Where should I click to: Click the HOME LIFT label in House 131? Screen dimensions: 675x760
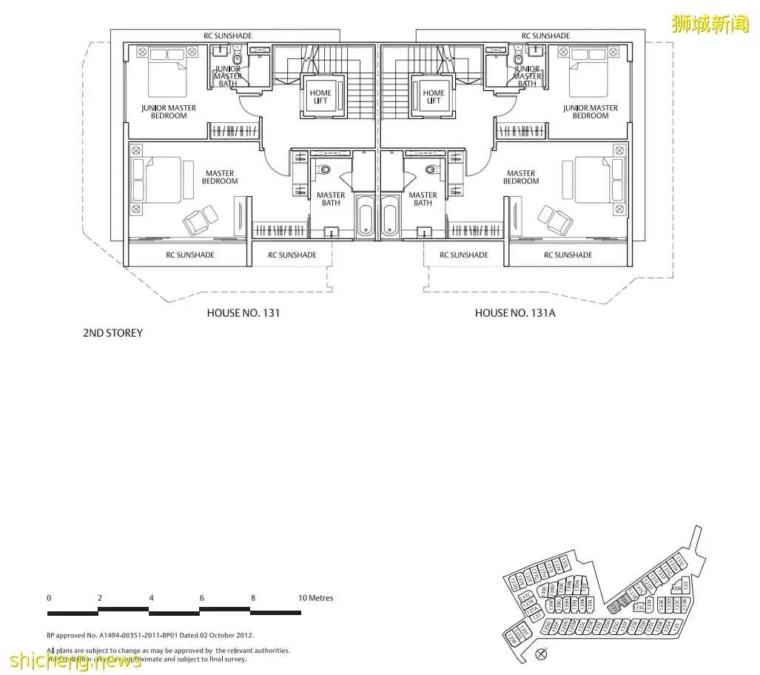point(320,97)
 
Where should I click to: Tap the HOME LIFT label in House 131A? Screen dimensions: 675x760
point(434,97)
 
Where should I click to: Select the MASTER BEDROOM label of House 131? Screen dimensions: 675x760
point(220,178)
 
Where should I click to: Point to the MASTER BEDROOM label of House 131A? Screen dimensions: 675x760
point(521,178)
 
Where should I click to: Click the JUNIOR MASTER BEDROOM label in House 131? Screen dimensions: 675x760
point(169,112)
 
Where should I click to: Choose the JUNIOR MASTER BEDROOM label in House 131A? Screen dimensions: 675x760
point(590,112)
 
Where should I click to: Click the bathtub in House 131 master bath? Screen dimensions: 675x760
point(366,217)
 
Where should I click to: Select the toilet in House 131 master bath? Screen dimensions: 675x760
point(326,169)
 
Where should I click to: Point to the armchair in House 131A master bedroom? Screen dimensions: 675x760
point(555,218)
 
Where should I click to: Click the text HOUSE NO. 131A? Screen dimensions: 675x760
point(515,313)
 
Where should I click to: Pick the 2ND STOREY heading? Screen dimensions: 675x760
point(112,333)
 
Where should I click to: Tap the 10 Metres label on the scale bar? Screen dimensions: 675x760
point(316,598)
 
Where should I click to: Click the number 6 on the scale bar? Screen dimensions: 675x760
point(201,598)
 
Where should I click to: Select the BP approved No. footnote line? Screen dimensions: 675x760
point(150,635)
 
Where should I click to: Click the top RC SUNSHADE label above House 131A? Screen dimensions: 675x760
point(545,36)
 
